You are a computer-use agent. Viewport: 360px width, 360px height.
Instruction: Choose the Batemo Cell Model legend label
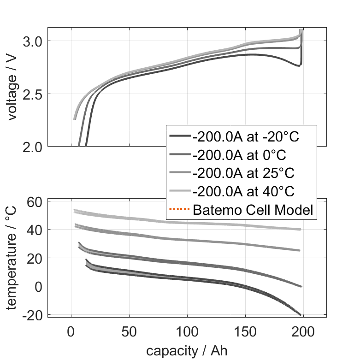click(x=254, y=210)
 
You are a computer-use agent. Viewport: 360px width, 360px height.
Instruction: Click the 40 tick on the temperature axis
click(x=35, y=230)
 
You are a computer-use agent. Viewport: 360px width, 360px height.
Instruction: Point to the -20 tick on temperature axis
click(x=32, y=315)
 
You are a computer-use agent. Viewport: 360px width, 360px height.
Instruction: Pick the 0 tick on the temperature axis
click(x=39, y=287)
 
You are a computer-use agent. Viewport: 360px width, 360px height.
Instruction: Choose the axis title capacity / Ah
click(x=187, y=350)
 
